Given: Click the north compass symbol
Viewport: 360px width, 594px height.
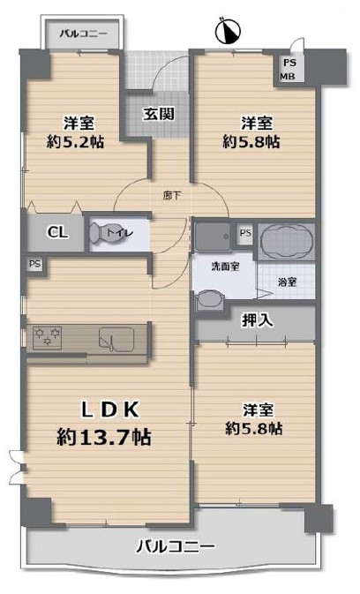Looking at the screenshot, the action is pos(228,31).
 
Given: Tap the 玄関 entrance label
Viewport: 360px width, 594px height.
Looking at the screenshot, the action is pos(159,114).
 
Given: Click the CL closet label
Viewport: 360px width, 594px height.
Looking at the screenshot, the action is pos(58,232).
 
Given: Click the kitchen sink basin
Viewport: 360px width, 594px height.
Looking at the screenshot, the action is pos(116,337).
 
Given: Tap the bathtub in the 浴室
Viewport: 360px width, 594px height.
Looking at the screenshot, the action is pos(288,241).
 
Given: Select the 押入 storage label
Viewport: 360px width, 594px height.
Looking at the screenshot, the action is pos(257,320).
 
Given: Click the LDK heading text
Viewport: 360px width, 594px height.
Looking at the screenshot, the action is pos(111,410).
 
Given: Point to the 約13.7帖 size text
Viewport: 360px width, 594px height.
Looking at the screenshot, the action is pos(104,437).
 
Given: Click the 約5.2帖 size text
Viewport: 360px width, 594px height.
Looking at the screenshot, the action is pos(76,142).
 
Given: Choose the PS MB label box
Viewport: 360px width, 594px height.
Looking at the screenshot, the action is pos(289,70).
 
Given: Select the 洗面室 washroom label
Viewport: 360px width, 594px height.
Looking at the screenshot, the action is pos(225,267).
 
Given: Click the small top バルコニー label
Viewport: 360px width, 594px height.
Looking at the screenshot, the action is pos(83,34).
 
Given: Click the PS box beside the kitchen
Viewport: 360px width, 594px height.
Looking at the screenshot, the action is pos(34,264).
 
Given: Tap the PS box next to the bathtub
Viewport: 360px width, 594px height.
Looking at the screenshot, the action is pos(245,233).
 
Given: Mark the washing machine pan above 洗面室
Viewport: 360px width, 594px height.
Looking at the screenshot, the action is pos(213,237).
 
